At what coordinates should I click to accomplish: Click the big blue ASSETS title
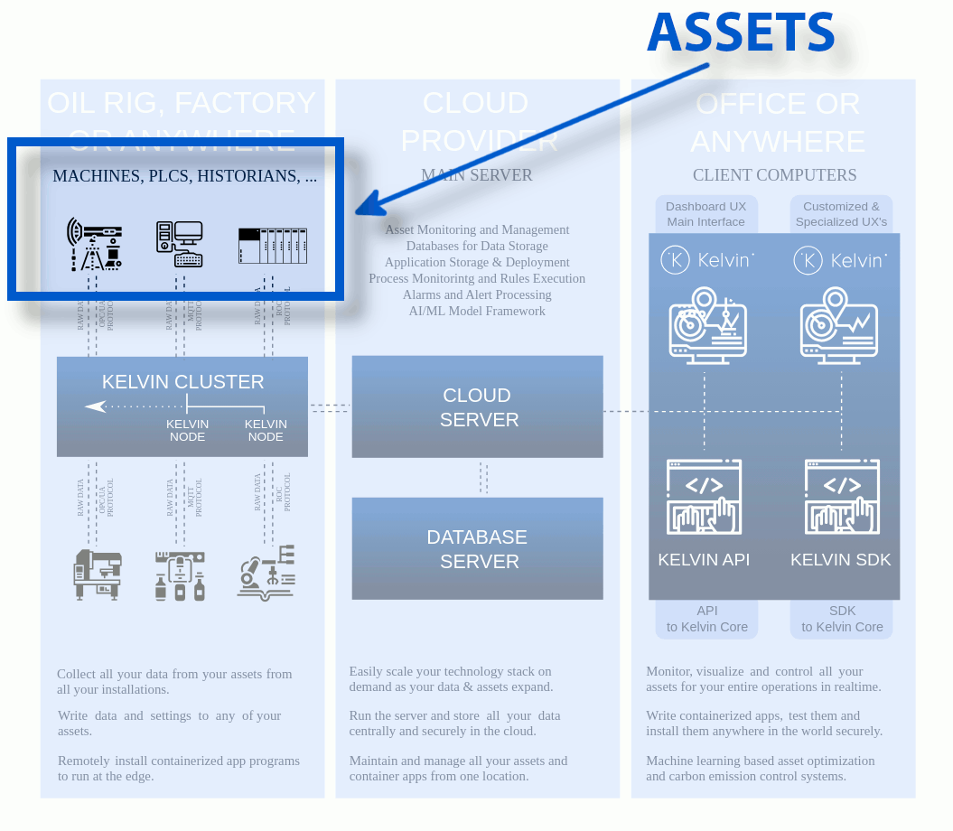click(x=741, y=33)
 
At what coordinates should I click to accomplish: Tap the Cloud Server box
click(x=477, y=407)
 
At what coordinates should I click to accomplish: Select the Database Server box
click(x=477, y=549)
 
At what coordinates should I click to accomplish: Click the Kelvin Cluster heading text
click(x=183, y=382)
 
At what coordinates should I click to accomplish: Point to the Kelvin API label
click(x=704, y=560)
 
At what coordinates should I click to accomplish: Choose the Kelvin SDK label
click(x=841, y=560)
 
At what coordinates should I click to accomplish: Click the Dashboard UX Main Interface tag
click(x=706, y=214)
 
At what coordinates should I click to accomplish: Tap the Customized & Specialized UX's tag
click(x=841, y=214)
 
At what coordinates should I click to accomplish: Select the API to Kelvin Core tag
click(x=707, y=619)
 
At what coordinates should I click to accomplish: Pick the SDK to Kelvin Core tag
click(x=842, y=619)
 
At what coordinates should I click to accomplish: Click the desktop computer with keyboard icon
click(x=179, y=244)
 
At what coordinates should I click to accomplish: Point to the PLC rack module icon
click(x=272, y=246)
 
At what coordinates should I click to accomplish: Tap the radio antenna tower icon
click(x=94, y=244)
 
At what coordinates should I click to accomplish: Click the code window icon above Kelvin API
click(x=704, y=497)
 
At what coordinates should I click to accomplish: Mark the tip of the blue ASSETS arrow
click(x=359, y=213)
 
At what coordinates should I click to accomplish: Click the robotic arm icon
click(x=266, y=572)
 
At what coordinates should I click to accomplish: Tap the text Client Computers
click(x=774, y=175)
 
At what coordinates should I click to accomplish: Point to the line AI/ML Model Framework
click(x=477, y=311)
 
